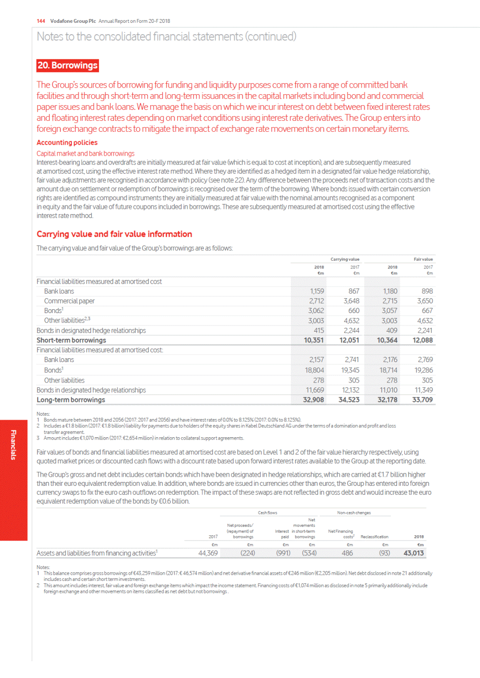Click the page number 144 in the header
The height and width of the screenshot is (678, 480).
point(41,21)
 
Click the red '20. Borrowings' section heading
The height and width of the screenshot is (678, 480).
point(68,65)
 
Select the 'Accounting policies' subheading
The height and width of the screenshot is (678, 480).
point(67,142)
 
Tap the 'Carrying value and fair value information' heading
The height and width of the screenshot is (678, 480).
point(114,234)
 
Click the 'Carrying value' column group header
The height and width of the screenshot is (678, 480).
point(345,259)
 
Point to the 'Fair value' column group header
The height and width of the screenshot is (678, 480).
point(423,259)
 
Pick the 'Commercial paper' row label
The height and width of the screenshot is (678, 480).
point(70,301)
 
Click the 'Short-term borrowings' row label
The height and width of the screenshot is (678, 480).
point(71,340)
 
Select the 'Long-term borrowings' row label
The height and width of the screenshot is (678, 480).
point(71,400)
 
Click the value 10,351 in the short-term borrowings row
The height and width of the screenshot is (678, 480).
point(314,340)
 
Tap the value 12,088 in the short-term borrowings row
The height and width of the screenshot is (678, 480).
point(422,340)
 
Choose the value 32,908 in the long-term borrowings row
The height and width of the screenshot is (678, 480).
point(313,400)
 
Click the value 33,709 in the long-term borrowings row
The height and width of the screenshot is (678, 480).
point(422,400)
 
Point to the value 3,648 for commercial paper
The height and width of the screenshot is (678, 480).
point(351,301)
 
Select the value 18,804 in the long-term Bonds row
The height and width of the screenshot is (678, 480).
point(314,370)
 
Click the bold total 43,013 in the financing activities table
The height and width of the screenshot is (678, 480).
point(413,553)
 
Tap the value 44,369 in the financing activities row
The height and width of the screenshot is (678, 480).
point(208,553)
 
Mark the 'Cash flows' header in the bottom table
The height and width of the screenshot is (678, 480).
point(267,513)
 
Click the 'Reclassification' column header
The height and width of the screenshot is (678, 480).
point(374,537)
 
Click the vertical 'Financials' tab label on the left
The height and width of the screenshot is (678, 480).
point(13,445)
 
